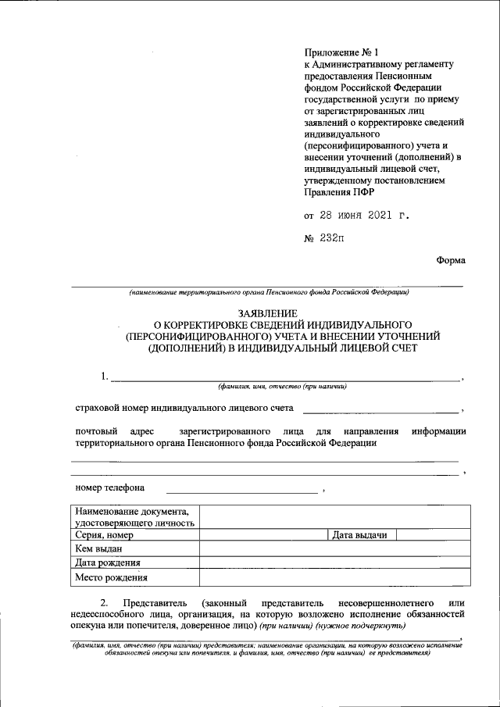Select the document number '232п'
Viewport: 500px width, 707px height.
(x=331, y=237)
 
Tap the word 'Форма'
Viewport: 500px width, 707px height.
(x=451, y=261)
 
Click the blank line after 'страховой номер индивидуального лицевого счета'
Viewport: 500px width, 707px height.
(x=380, y=409)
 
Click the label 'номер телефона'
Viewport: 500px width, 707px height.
(x=110, y=488)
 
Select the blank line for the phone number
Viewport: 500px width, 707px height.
(x=241, y=490)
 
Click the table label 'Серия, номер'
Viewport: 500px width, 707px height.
(x=103, y=535)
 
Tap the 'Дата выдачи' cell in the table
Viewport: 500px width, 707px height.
(x=360, y=535)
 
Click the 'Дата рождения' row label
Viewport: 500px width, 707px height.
(x=107, y=563)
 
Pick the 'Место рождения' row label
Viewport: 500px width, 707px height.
(x=110, y=578)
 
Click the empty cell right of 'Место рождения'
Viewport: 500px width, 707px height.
(x=335, y=578)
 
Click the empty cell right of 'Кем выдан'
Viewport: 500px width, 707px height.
(x=335, y=549)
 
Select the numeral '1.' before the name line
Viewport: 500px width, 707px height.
(x=104, y=377)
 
